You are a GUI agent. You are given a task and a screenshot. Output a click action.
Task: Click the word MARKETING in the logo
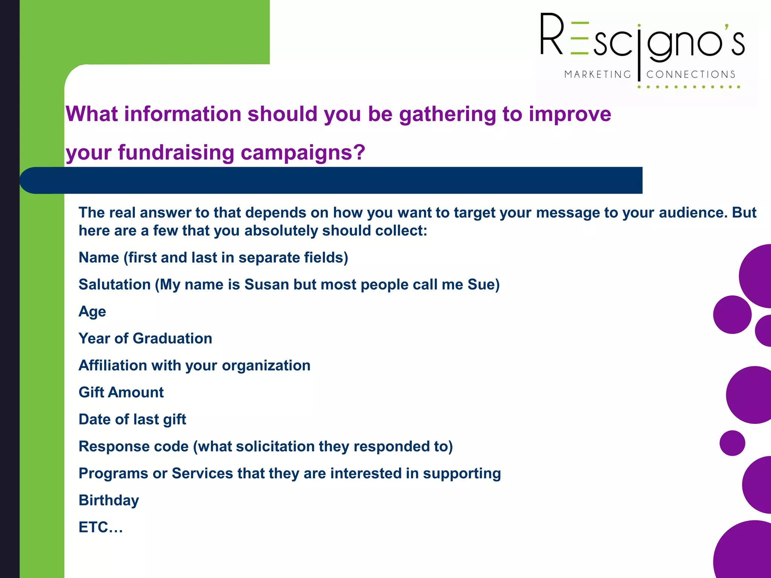(x=597, y=75)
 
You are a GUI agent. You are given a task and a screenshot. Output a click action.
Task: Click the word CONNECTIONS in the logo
(x=691, y=75)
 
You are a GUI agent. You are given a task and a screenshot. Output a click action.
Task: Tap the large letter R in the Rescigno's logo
(x=552, y=35)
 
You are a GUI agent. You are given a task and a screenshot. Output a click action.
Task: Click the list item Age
(x=92, y=312)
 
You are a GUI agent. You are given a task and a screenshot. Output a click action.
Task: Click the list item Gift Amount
(x=121, y=392)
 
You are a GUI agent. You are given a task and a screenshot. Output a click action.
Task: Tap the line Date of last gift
(x=132, y=420)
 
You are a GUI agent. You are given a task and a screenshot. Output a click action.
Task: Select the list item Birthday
(x=109, y=500)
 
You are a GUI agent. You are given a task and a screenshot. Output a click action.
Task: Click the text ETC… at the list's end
(x=101, y=527)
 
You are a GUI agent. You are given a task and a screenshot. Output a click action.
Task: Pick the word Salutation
(x=114, y=284)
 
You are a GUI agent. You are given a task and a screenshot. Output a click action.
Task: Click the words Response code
(x=133, y=446)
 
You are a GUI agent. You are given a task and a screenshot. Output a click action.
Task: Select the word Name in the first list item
(x=99, y=258)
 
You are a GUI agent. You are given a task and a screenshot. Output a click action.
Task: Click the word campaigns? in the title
(x=303, y=153)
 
